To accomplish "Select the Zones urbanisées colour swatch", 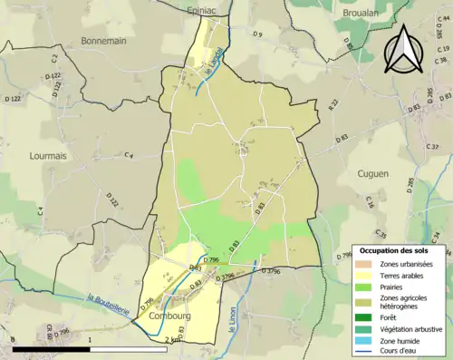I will (365, 263).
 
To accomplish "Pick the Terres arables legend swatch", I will (365, 275).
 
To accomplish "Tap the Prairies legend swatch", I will (365, 287).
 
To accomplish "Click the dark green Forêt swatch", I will (365, 316).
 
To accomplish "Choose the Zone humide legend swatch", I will (365, 339).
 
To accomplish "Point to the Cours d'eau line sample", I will (365, 351).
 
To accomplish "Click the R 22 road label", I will (333, 105).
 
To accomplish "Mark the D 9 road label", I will (257, 34).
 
